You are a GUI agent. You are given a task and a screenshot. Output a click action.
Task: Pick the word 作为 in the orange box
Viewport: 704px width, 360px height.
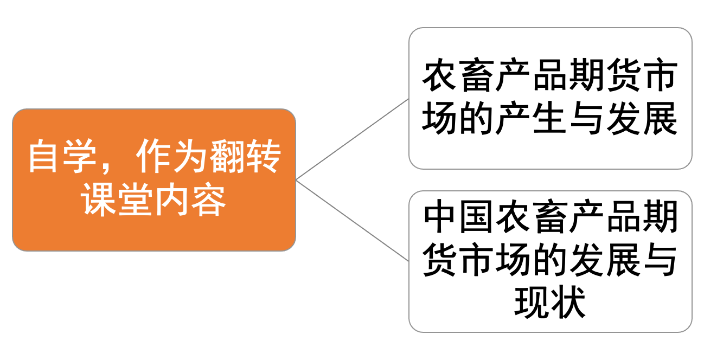click(x=172, y=157)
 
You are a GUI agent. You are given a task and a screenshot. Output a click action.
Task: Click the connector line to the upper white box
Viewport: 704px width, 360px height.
click(x=353, y=139)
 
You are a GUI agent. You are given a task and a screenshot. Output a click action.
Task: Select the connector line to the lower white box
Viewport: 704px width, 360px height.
click(x=353, y=220)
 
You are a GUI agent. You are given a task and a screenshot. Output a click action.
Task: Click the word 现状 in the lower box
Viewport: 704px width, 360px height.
click(x=550, y=303)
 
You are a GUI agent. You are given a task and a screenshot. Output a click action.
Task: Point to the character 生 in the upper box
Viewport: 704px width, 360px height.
click(x=549, y=119)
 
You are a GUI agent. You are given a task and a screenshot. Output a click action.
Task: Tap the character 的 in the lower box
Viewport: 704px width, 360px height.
click(x=549, y=261)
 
